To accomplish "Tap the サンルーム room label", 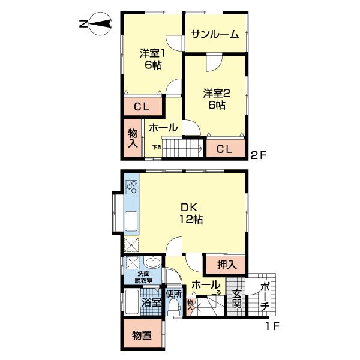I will coord(215,34).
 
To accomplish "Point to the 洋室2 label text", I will coord(217,99).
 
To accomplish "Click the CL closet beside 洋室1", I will coord(142,107).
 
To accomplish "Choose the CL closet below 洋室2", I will coord(225,148).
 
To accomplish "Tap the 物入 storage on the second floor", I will coord(133,138).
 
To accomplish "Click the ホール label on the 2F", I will coord(163,128).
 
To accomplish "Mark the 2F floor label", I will coord(258,155).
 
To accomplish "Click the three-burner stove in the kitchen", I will coord(131,187).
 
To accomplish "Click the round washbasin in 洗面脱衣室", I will coord(152,265).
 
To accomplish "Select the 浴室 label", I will coord(152,302).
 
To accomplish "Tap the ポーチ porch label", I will coord(265,298).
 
